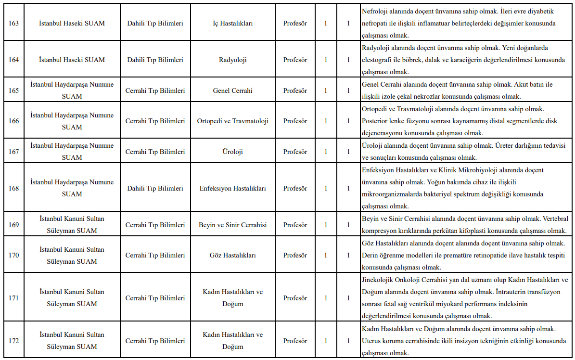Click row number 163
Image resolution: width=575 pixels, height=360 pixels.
pyautogui.click(x=14, y=23)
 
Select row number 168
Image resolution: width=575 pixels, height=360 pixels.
pyautogui.click(x=14, y=188)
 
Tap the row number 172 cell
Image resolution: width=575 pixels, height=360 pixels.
pyautogui.click(x=14, y=341)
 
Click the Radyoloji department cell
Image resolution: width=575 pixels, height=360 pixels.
pyautogui.click(x=232, y=60)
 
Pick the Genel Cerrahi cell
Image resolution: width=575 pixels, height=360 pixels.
pyautogui.click(x=232, y=90)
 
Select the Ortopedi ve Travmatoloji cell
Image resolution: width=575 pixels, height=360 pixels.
pyautogui.click(x=232, y=121)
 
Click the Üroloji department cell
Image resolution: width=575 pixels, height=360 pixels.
pyautogui.click(x=232, y=152)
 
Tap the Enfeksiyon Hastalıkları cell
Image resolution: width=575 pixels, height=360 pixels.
pyautogui.click(x=232, y=188)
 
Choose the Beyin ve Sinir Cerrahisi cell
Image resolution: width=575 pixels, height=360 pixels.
pyautogui.click(x=232, y=225)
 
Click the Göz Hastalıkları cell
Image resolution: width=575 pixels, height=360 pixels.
pyautogui.click(x=232, y=255)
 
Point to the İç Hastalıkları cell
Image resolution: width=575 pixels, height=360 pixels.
pyautogui.click(x=232, y=23)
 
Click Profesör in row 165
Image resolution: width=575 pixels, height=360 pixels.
pyautogui.click(x=295, y=90)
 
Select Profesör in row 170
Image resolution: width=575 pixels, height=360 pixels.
pyautogui.click(x=295, y=255)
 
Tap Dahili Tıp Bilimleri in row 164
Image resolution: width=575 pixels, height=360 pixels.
pyautogui.click(x=155, y=60)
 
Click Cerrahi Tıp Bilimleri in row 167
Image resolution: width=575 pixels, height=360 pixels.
pyautogui.click(x=155, y=152)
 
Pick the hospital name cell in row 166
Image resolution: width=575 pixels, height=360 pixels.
pyautogui.click(x=72, y=121)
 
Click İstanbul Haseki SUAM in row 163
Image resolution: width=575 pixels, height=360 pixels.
pyautogui.click(x=72, y=23)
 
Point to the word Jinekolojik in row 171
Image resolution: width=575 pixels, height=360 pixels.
pyautogui.click(x=379, y=280)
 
